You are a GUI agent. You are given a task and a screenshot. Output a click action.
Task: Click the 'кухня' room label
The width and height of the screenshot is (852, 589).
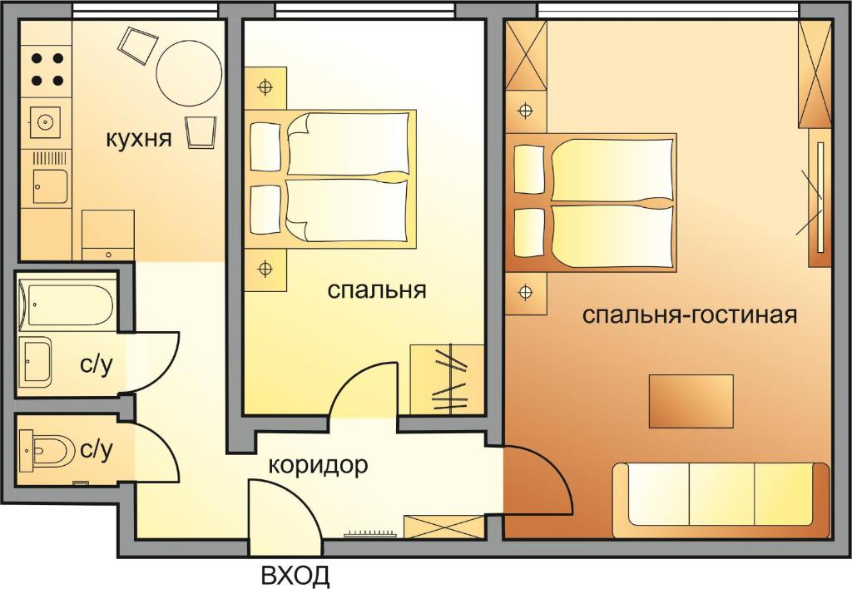[139, 139]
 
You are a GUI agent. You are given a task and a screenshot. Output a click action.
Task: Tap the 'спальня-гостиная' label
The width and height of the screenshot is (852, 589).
[690, 315]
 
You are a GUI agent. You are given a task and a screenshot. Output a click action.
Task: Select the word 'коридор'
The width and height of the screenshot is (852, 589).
[319, 466]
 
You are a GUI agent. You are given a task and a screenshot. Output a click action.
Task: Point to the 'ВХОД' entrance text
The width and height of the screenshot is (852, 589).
[295, 575]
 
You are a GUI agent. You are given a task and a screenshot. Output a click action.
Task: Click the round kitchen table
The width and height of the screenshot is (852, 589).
[189, 74]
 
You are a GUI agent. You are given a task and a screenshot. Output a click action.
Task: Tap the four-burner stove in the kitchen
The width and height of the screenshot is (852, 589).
[47, 70]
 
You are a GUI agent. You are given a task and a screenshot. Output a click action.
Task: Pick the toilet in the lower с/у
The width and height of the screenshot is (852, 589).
[47, 449]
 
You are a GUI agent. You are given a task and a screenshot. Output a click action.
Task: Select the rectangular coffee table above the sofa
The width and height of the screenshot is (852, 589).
[691, 401]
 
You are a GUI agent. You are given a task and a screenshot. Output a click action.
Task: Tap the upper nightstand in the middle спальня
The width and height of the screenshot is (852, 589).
[265, 87]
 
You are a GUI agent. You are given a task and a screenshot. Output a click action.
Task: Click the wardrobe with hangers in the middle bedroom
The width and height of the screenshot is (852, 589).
[447, 380]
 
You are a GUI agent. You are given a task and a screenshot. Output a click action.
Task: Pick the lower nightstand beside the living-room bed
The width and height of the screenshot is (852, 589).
[526, 293]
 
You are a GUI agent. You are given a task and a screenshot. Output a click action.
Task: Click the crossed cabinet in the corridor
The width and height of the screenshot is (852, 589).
[443, 527]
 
